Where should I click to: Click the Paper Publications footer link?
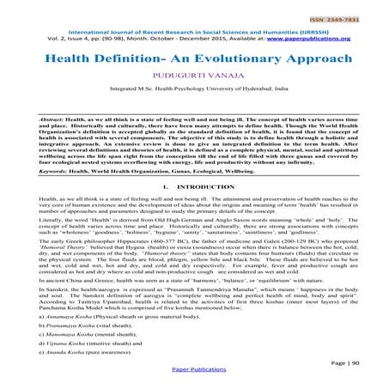pos(194,382)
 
